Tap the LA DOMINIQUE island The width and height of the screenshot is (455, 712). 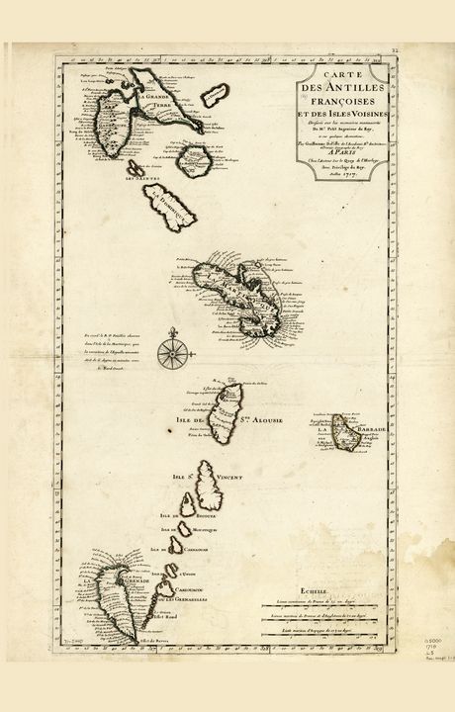[x=162, y=206]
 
